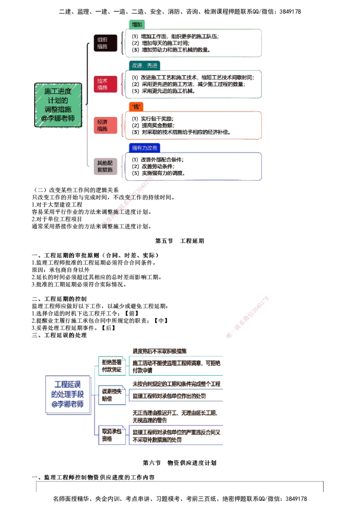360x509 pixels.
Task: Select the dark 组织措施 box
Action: pos(105,43)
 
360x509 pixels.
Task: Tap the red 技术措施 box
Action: pos(105,84)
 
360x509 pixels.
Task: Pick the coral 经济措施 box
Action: pos(105,125)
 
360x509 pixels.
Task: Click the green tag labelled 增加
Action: pos(137,24)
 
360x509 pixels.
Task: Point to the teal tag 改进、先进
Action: pos(145,65)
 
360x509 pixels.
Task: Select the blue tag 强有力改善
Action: pos(144,147)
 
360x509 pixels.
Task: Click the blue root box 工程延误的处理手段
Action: pos(68,394)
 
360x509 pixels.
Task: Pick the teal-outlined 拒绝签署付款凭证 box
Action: pos(111,366)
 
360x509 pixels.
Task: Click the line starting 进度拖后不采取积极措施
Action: pos(160,350)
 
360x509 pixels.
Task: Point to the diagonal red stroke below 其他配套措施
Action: pos(128,201)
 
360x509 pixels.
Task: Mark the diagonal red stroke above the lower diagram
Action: pos(248,317)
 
